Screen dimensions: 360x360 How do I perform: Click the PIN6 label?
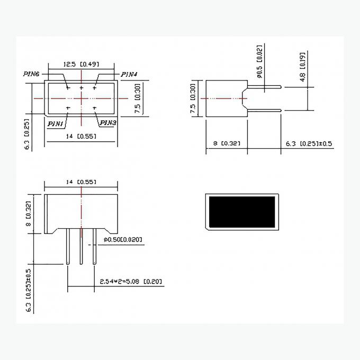click(31, 74)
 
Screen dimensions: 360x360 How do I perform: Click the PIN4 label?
click(130, 74)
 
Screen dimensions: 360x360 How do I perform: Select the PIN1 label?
click(56, 123)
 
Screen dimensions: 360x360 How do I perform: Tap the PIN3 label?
click(109, 123)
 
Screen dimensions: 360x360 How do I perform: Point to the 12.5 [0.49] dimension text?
click(81, 64)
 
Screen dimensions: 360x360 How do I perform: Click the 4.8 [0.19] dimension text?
click(303, 71)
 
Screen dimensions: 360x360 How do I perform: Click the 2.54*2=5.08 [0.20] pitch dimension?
click(131, 282)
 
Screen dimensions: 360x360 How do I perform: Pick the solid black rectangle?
click(242, 212)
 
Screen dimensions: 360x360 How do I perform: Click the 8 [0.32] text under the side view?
click(226, 143)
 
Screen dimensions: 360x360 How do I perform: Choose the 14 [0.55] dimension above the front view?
click(81, 182)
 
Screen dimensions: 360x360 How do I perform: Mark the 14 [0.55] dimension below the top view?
click(81, 137)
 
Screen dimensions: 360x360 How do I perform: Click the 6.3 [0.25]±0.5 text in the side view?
click(309, 143)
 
